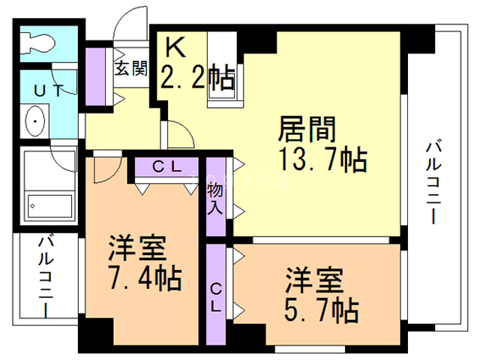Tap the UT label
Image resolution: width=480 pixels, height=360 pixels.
coord(48,91)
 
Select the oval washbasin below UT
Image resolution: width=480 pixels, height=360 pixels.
coord(34,121)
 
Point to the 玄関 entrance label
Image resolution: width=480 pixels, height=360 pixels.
coord(130,68)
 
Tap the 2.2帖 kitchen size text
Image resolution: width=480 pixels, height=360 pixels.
coord(197,76)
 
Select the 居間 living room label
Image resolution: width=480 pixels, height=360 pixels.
coord(307,129)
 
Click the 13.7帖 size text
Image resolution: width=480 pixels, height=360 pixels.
coord(323,160)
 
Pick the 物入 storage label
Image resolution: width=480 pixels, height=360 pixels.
coord(215,199)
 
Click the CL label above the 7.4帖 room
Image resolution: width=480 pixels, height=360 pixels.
coord(167,166)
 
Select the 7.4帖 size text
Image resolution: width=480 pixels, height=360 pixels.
coord(145,278)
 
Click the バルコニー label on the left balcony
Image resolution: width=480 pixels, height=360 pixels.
coord(46,275)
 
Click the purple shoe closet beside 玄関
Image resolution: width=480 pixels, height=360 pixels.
coord(95,76)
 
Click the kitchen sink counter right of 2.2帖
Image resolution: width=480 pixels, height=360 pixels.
coord(223,70)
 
